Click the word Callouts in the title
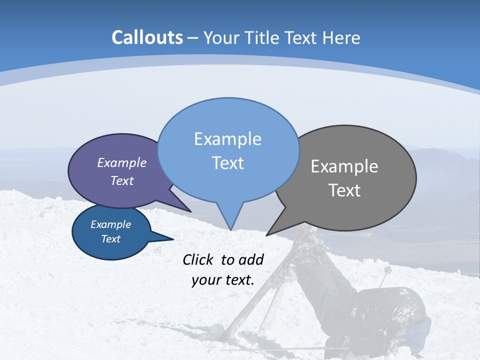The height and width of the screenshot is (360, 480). [x=147, y=37]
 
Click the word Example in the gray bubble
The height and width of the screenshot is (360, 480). [x=344, y=166]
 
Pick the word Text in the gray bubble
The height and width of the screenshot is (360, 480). [x=344, y=190]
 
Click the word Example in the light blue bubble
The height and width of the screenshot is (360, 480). [x=227, y=139]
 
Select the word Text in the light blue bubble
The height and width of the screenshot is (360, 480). [x=227, y=163]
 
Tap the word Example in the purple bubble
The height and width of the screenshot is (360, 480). [x=122, y=163]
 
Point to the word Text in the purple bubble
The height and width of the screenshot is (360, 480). [x=122, y=180]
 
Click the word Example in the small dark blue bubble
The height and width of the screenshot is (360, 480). [x=110, y=224]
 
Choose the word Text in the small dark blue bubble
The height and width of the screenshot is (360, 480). [x=110, y=239]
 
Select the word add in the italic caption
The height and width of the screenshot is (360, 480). [x=251, y=259]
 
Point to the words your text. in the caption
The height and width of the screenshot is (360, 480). [x=223, y=280]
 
